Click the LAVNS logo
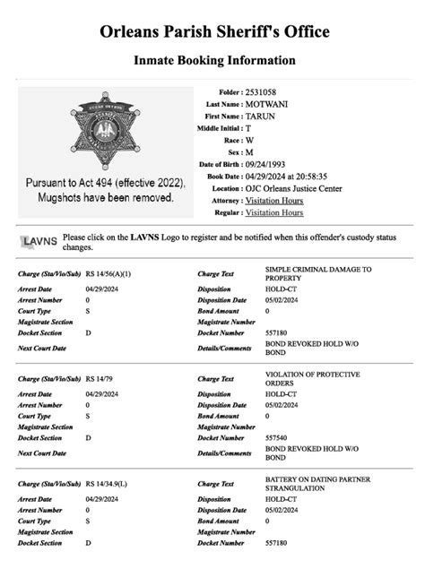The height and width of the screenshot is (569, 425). (39, 241)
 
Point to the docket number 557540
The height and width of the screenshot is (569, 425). (277, 437)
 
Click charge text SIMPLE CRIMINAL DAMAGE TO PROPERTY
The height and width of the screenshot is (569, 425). (317, 274)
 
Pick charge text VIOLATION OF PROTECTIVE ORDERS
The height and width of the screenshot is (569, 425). (312, 379)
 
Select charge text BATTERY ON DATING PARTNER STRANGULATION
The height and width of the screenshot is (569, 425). (317, 485)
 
